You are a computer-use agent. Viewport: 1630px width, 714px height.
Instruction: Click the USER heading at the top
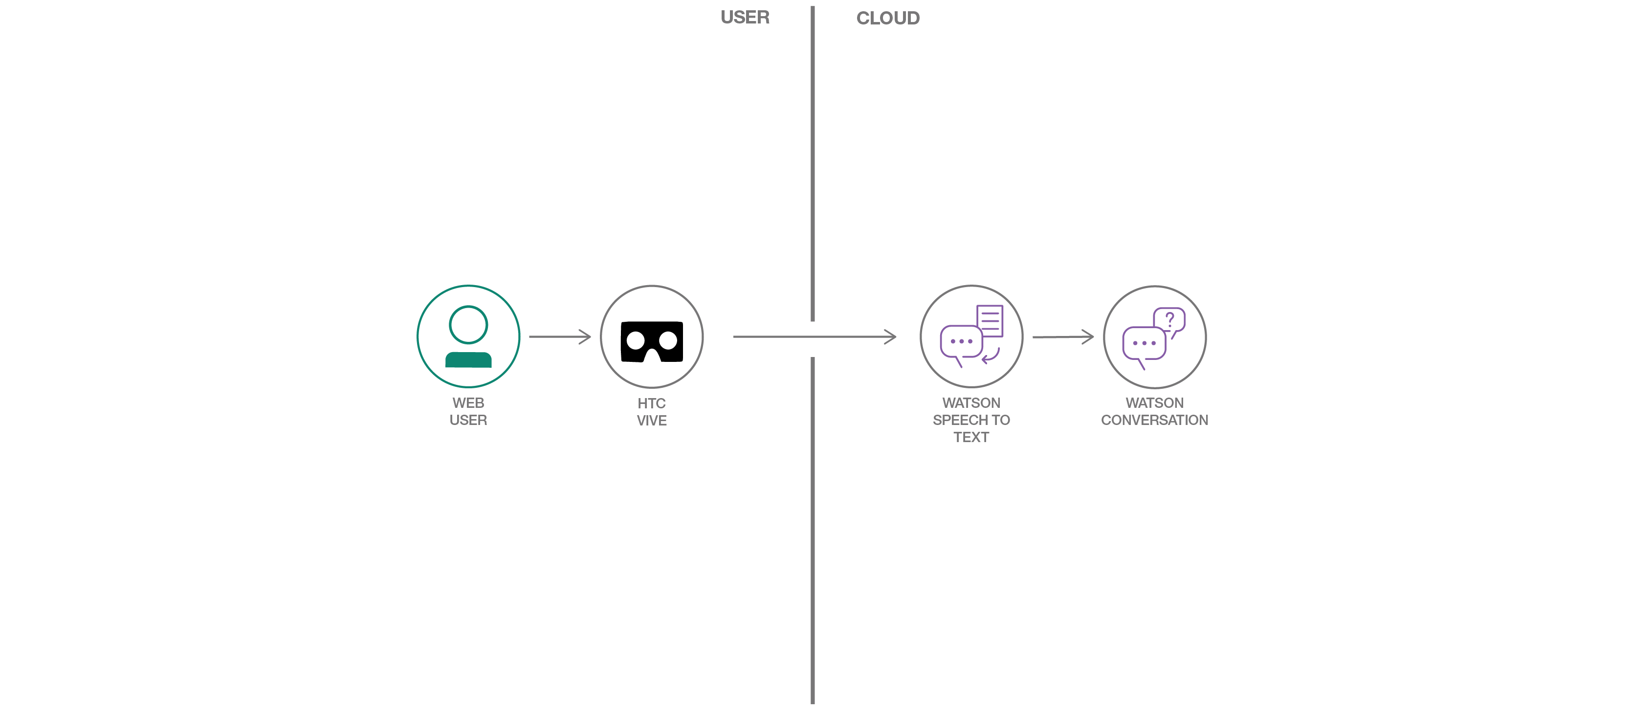(x=745, y=18)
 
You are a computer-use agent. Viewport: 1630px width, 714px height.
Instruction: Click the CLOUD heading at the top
(x=888, y=19)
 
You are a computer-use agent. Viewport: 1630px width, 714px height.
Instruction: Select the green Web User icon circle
(x=468, y=336)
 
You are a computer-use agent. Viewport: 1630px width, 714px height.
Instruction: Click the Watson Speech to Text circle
(x=971, y=336)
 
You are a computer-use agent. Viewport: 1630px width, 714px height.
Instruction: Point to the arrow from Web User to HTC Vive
(x=559, y=337)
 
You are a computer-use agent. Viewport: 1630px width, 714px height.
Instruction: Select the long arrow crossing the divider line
(x=815, y=337)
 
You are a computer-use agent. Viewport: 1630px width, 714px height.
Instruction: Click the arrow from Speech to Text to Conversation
(x=1063, y=337)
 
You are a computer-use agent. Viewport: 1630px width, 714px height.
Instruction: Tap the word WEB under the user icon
(x=468, y=403)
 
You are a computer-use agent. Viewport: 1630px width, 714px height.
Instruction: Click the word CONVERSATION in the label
(x=1155, y=420)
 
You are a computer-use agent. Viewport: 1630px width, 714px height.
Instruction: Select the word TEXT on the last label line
(x=971, y=437)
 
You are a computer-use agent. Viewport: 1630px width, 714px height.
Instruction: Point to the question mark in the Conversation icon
(x=1170, y=319)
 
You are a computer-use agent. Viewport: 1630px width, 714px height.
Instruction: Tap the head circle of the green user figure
(x=468, y=325)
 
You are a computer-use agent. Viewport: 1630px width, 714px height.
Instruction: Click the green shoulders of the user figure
(x=468, y=359)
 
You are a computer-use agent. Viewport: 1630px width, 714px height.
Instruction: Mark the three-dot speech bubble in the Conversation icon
(x=1144, y=344)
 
